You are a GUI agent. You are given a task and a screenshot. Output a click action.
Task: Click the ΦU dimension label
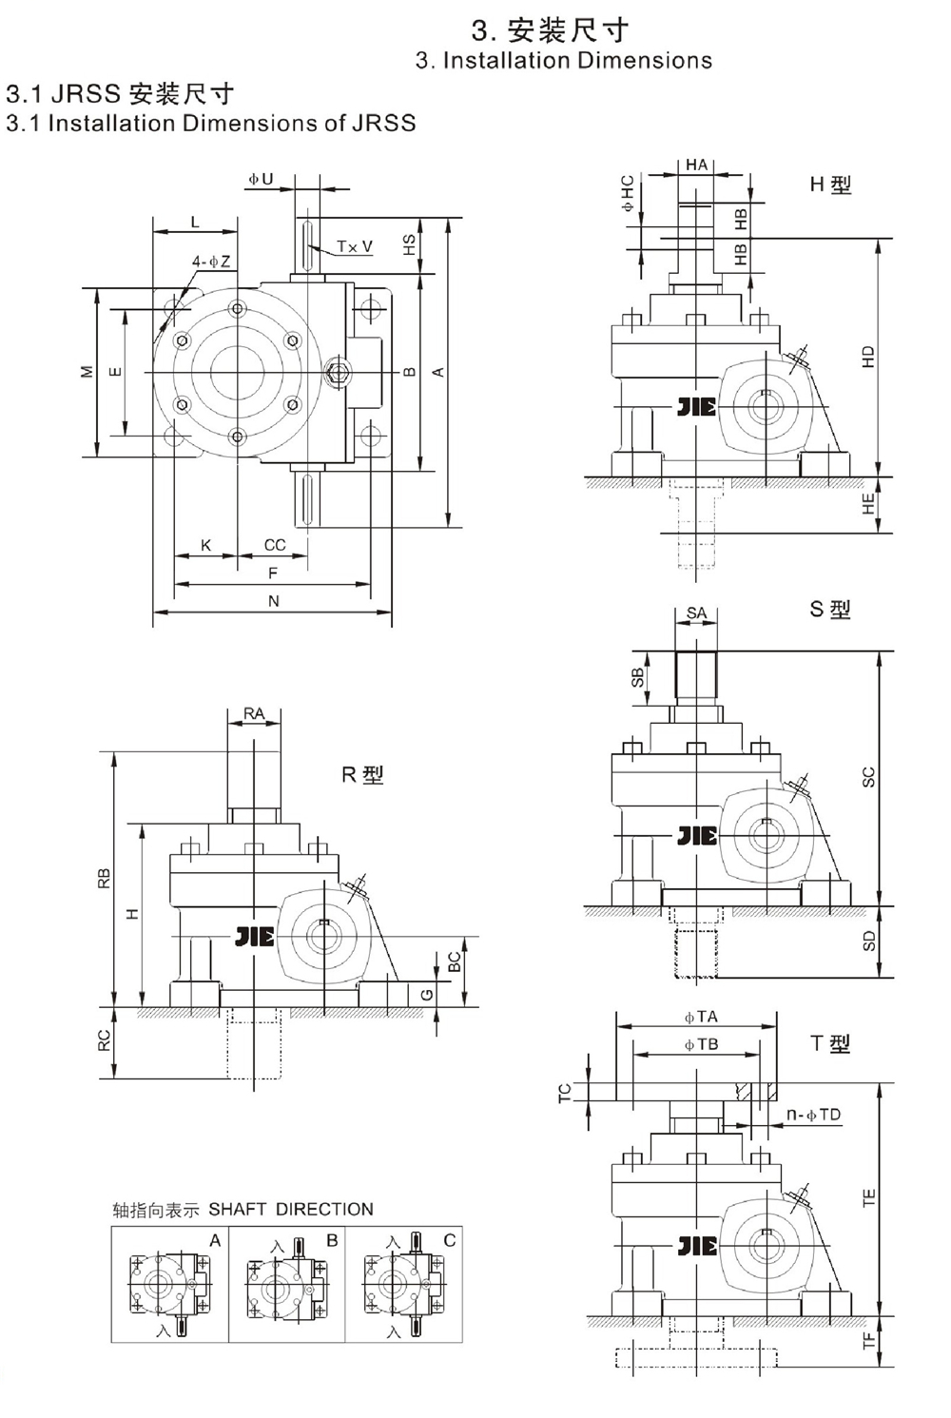coord(261,179)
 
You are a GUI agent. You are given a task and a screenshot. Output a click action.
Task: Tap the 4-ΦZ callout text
coord(211,262)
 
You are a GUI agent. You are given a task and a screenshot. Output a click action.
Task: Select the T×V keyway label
coord(354,246)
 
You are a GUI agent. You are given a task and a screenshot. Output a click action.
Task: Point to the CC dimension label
coord(275,545)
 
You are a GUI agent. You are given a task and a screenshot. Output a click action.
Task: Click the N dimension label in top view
coord(274,601)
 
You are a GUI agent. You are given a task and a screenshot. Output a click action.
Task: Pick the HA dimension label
coord(696,165)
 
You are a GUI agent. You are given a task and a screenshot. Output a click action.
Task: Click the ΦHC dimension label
coord(628,193)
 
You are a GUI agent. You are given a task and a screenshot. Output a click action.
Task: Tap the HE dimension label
coord(867,505)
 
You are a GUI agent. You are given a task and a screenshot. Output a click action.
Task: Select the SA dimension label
coord(696,613)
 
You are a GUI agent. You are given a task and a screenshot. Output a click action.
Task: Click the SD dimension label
coord(867,942)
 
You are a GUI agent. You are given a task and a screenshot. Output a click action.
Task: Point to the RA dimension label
coord(254,713)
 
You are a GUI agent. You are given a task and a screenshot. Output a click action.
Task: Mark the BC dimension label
coord(455,962)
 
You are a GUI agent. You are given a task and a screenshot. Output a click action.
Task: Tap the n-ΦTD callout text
coord(814,1115)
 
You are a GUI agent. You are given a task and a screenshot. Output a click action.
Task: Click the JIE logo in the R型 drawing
coord(254,938)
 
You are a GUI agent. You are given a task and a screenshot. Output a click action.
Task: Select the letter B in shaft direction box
coord(332,1240)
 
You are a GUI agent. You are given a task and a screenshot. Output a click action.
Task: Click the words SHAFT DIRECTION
coord(291,1210)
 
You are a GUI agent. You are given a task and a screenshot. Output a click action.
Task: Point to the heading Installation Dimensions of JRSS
coord(211,124)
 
